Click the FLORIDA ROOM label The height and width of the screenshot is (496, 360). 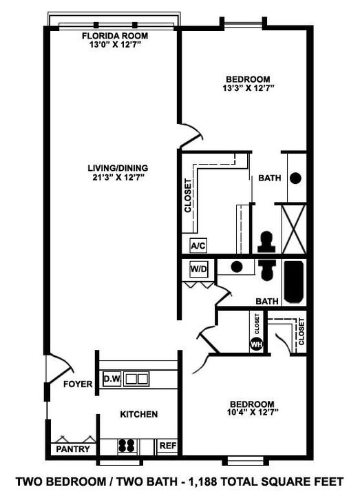click(115, 36)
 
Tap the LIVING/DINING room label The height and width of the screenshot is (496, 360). click(118, 167)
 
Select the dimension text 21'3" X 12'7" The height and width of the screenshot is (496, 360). click(118, 177)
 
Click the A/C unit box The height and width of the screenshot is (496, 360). click(198, 245)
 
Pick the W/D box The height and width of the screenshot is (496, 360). click(198, 268)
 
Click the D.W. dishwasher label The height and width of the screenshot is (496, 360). click(112, 379)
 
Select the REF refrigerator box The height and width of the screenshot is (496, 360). click(168, 446)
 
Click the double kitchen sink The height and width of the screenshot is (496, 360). click(136, 378)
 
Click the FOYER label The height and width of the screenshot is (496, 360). click(78, 384)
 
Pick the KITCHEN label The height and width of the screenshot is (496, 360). click(139, 414)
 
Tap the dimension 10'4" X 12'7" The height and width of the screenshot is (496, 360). click(251, 413)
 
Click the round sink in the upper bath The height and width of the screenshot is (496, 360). click(295, 178)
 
